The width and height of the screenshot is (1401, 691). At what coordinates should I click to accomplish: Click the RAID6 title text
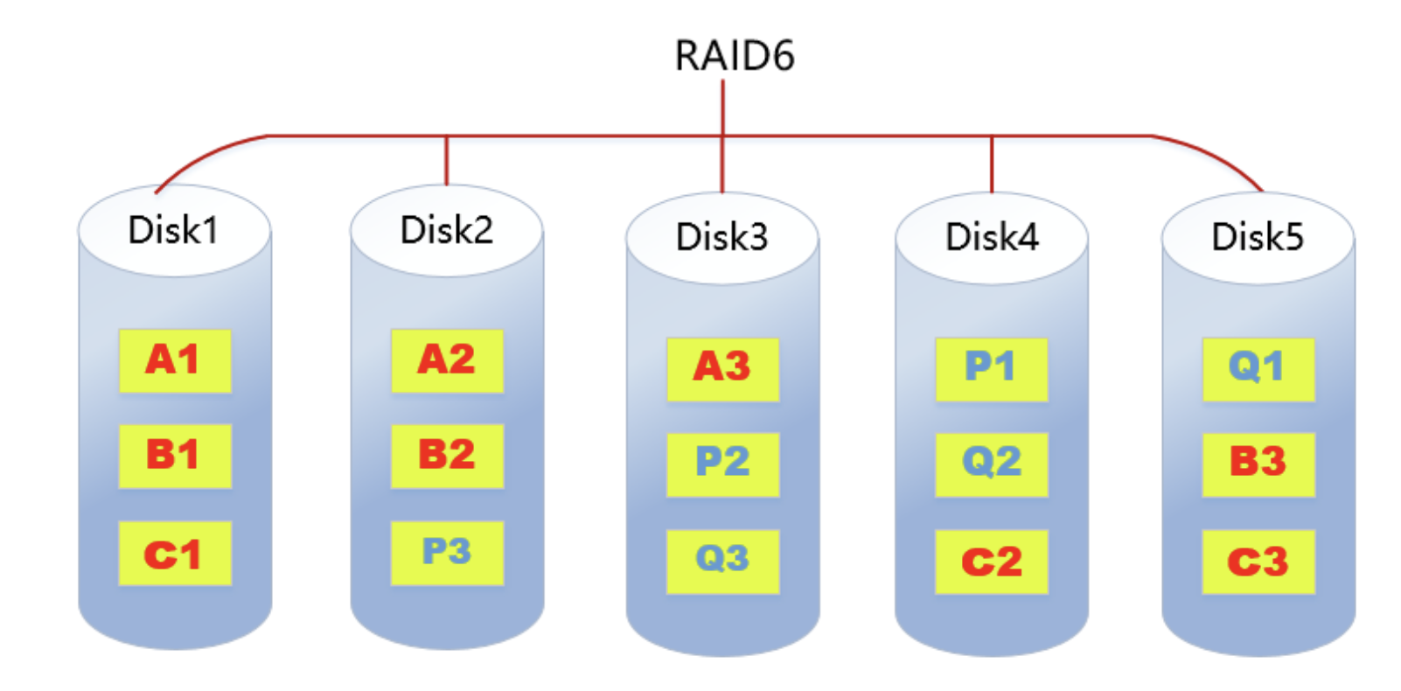[x=734, y=56]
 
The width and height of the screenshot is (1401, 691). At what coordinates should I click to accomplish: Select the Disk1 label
[x=173, y=230]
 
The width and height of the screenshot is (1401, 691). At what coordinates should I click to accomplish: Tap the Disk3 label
[x=721, y=236]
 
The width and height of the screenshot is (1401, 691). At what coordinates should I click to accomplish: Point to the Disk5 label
[x=1257, y=236]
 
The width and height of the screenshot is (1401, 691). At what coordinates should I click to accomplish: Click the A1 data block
[x=175, y=360]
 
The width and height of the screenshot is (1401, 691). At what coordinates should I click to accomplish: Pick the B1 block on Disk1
[x=175, y=456]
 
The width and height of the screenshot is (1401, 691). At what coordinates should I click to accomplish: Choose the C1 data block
[x=175, y=554]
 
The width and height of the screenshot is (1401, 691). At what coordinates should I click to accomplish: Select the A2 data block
[x=447, y=360]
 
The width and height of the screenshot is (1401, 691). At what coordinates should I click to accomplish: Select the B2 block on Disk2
[x=447, y=456]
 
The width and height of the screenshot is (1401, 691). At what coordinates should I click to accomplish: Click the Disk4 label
[x=992, y=236]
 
